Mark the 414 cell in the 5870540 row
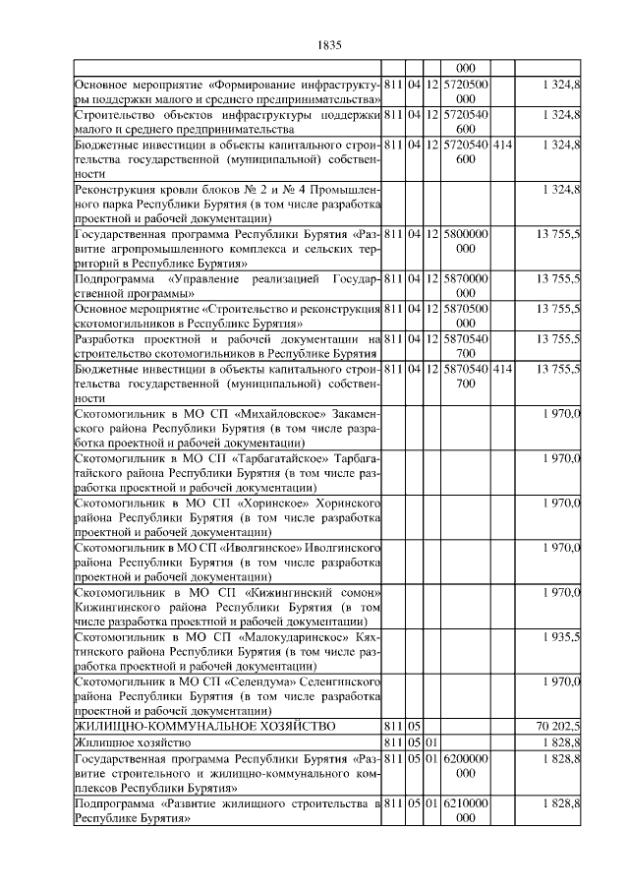(x=502, y=369)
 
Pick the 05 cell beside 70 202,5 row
(x=414, y=726)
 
